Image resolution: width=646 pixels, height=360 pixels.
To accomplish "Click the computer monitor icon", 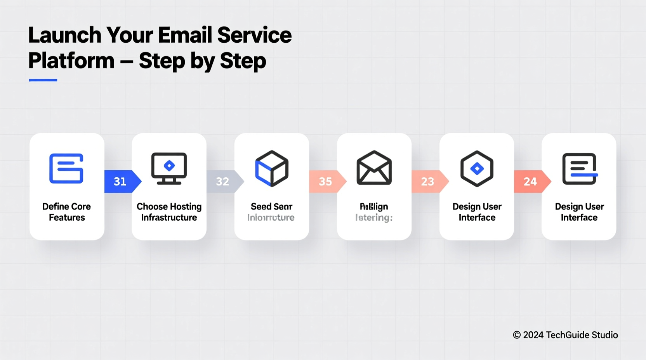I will pos(169,168).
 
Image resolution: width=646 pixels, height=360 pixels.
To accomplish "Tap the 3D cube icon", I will pos(272,168).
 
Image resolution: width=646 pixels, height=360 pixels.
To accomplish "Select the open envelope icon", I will pos(374,168).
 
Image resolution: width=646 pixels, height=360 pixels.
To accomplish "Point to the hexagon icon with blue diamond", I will pos(477,168).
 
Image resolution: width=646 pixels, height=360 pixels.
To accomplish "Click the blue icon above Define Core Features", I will pos(66,168).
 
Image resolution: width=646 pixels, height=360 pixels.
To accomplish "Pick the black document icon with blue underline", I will pos(579,168).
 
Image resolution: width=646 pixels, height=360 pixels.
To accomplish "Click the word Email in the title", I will pos(185,35).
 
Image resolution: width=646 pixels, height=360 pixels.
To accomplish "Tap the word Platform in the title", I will pos(71,61).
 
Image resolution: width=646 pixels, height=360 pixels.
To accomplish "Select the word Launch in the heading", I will pos(65,35).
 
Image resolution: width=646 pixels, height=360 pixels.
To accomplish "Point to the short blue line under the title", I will pos(43,80).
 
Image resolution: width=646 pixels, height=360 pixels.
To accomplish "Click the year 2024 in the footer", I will pos(533,335).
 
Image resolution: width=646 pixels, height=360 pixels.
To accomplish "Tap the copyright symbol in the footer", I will pos(517,335).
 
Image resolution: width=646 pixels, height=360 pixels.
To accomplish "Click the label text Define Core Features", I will pos(67,212).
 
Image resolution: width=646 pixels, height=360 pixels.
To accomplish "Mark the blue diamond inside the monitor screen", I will pos(169,166).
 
